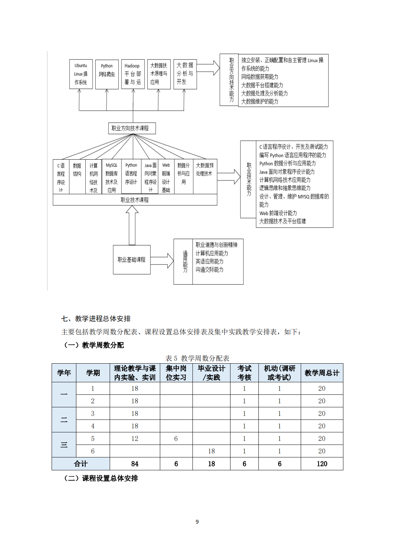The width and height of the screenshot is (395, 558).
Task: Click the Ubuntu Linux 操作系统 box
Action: pyautogui.click(x=81, y=74)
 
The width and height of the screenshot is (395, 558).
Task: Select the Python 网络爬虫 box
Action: pyautogui.click(x=107, y=74)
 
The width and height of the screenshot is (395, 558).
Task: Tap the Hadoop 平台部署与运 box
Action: pyautogui.click(x=133, y=74)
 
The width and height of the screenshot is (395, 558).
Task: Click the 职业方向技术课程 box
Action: pyautogui.click(x=132, y=128)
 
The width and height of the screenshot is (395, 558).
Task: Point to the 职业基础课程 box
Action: pyautogui.click(x=132, y=259)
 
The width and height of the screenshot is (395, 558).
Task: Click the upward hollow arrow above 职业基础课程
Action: pyautogui.click(x=132, y=225)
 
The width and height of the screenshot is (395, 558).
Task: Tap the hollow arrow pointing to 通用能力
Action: pyautogui.click(x=162, y=261)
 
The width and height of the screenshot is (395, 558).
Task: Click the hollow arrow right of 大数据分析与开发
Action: pyautogui.click(x=208, y=68)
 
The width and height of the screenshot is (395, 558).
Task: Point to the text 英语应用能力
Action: pyautogui.click(x=209, y=262)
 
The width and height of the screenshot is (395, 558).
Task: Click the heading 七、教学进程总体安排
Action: pyautogui.click(x=96, y=319)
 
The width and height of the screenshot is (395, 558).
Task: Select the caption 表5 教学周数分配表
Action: pyautogui.click(x=197, y=358)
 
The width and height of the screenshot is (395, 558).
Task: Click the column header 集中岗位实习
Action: pyautogui.click(x=176, y=373)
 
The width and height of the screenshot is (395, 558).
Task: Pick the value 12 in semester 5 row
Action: pyautogui.click(x=135, y=438)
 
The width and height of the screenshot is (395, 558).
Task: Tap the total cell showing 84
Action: pyautogui.click(x=135, y=464)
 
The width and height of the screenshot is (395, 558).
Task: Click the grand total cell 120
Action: pyautogui.click(x=322, y=464)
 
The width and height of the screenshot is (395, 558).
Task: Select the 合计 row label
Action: pyautogui.click(x=81, y=464)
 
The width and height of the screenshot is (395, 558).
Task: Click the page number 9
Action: pyautogui.click(x=197, y=522)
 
